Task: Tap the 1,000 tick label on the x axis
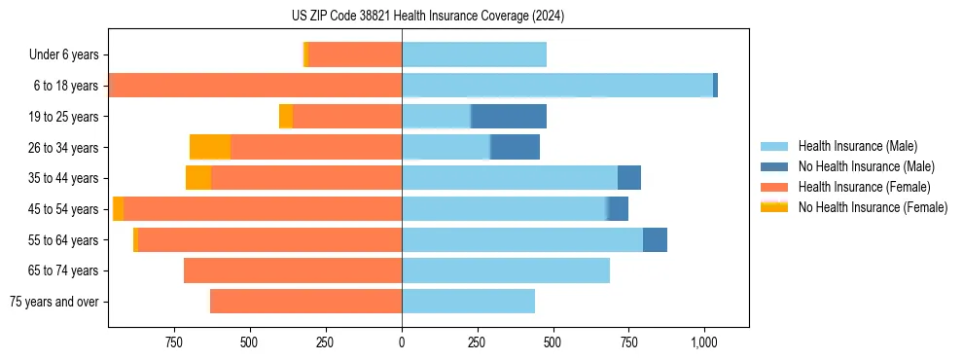(x=704, y=342)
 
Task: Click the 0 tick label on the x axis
(x=402, y=342)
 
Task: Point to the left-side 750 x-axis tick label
(x=174, y=342)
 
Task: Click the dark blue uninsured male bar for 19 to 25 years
(x=509, y=117)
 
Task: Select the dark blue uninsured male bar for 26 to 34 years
(x=515, y=148)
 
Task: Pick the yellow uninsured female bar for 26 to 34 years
(x=210, y=148)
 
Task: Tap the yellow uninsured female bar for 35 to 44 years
(x=198, y=178)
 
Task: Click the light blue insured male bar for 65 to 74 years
(x=506, y=270)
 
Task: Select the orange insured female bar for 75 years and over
(x=305, y=302)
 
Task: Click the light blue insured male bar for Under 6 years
(x=474, y=55)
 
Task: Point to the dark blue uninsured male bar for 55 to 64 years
(x=655, y=240)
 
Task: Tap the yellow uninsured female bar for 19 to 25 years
(x=286, y=117)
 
